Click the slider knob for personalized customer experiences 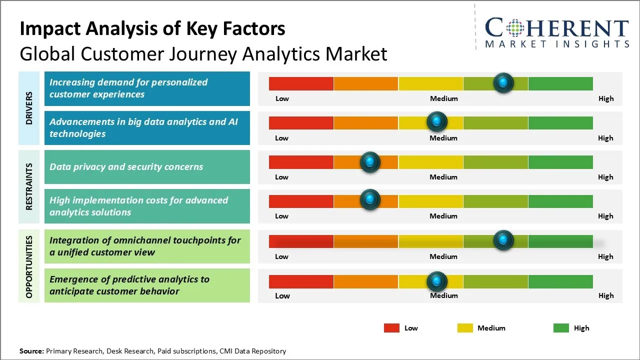[503, 82]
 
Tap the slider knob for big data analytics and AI [437, 121]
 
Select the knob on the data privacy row [370, 161]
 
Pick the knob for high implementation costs [370, 199]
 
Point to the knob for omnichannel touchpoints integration [503, 240]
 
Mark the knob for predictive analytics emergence [437, 281]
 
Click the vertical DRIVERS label [29, 107]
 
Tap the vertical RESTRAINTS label [29, 186]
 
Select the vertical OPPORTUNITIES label [29, 267]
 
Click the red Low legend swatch [391, 328]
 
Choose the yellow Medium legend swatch [465, 328]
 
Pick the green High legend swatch [561, 328]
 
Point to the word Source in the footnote [31, 351]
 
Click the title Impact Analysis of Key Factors [152, 29]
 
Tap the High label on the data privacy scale [605, 177]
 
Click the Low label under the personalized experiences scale [282, 98]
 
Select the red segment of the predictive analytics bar [301, 281]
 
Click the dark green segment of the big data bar [560, 122]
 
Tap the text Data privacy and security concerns [126, 167]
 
